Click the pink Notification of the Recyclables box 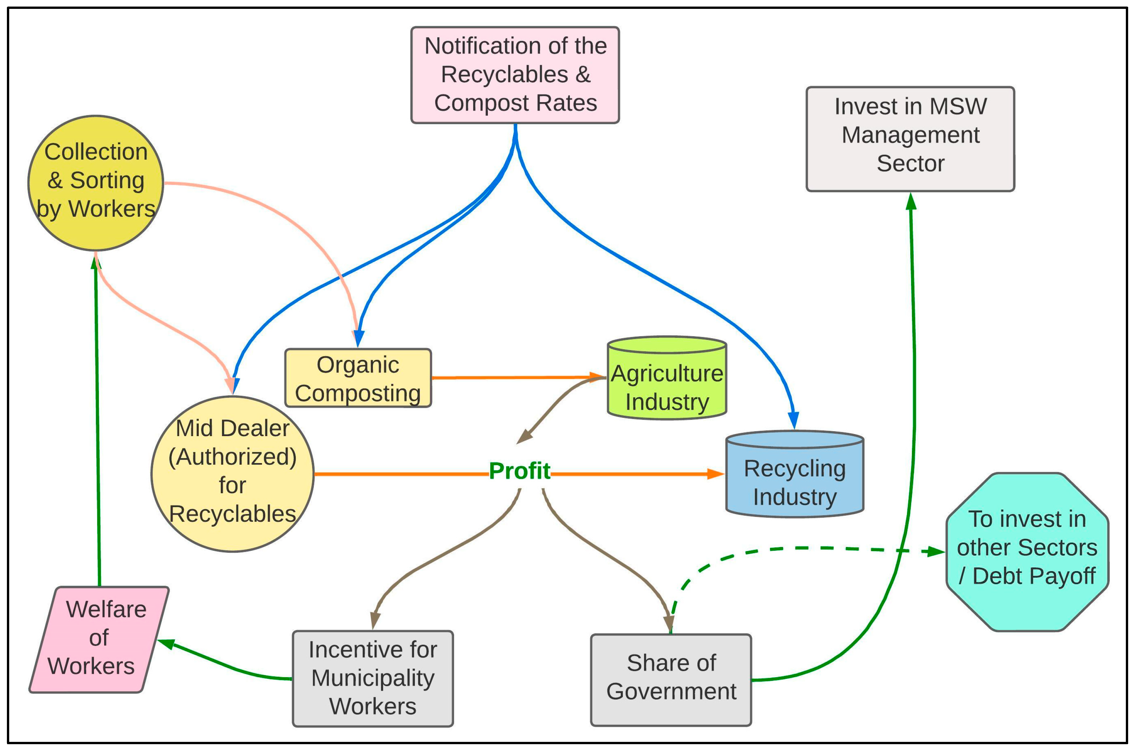tap(515, 75)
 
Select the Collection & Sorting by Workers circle tap(96, 183)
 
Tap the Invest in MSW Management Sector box tap(910, 139)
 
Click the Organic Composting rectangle tap(358, 378)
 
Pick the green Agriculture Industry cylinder tap(667, 386)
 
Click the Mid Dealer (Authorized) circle tap(232, 474)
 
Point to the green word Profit tap(519, 471)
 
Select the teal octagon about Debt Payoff tap(1027, 552)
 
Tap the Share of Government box tap(671, 680)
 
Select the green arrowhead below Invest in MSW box tap(911, 202)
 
